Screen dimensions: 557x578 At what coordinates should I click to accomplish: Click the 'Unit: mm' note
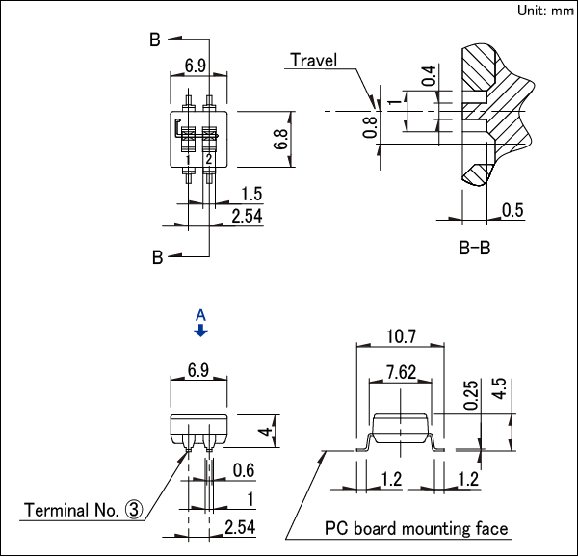click(x=545, y=11)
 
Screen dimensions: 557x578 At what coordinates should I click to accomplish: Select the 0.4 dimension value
click(x=429, y=75)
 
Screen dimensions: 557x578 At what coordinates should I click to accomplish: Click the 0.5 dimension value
click(x=512, y=211)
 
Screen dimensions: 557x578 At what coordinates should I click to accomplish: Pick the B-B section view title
click(x=474, y=249)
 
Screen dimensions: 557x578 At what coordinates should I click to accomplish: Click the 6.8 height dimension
click(x=280, y=141)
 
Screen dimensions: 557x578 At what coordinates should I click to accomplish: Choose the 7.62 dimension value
click(x=400, y=371)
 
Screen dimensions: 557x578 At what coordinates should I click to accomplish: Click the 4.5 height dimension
click(x=499, y=389)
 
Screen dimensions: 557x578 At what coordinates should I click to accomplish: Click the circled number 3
click(x=134, y=510)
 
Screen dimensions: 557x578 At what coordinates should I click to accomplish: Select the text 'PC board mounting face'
click(x=415, y=528)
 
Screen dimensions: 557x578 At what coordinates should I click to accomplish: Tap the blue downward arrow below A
click(x=200, y=331)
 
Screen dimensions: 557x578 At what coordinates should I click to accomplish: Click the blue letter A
click(x=200, y=314)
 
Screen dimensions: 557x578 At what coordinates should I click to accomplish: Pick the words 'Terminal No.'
click(x=70, y=510)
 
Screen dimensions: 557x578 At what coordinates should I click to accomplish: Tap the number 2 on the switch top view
click(x=208, y=158)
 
